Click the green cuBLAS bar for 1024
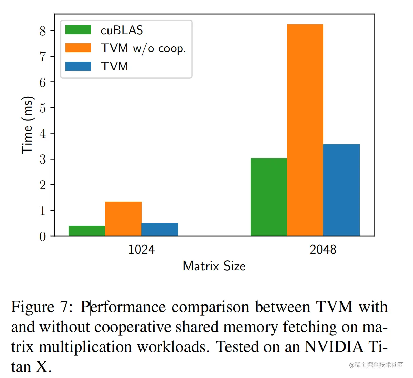87,231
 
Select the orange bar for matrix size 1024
123,219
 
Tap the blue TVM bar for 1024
160,229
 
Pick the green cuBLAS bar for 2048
269,197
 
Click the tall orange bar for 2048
305,130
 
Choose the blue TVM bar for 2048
341,190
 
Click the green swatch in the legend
78,30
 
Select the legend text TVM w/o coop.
143,48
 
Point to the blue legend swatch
78,66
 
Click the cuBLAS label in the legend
122,30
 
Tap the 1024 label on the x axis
141,250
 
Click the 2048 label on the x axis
323,250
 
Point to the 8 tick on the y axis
42,31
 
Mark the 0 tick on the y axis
42,236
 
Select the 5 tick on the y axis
42,108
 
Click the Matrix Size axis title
214,266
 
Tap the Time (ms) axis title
27,125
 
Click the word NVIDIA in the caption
334,347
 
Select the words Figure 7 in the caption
41,307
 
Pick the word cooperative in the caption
133,327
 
